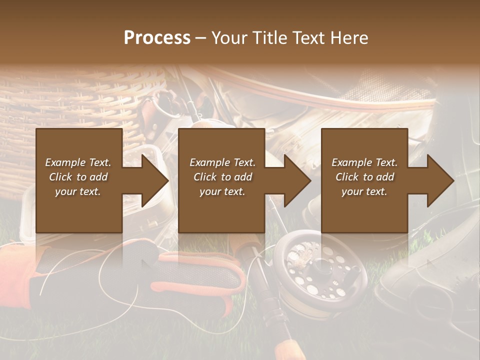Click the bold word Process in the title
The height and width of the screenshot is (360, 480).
(157, 38)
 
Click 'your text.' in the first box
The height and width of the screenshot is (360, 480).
(78, 191)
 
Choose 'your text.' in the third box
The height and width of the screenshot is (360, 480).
(364, 191)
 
